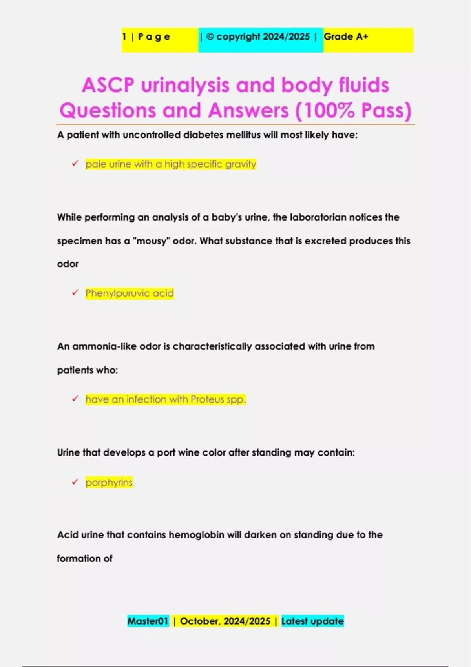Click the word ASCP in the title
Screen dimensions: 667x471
(x=108, y=85)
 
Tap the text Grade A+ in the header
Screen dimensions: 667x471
(x=346, y=37)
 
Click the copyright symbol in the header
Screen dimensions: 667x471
(x=210, y=36)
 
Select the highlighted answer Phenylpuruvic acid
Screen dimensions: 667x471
(x=130, y=293)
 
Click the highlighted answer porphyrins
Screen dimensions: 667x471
(x=109, y=482)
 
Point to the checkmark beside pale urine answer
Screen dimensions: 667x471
(x=75, y=164)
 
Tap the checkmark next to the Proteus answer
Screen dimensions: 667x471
(x=75, y=399)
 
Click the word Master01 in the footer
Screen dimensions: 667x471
(x=148, y=621)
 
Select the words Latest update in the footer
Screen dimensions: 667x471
(x=312, y=621)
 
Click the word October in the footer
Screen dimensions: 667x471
(x=199, y=621)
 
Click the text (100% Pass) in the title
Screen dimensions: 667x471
(x=353, y=111)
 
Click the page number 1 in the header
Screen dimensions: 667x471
(x=124, y=36)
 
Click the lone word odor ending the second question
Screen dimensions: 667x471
(x=68, y=264)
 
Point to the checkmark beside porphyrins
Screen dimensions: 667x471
(x=75, y=482)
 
